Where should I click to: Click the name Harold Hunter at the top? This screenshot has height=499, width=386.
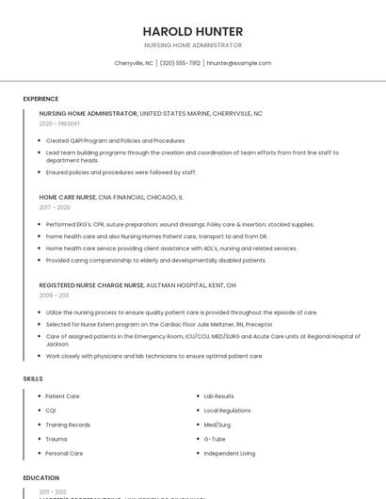193,31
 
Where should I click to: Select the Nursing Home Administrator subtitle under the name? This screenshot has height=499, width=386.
193,45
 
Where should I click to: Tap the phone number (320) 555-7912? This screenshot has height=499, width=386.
180,63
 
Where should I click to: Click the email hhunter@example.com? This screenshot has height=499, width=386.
239,63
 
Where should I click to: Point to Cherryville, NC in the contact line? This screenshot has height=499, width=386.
134,63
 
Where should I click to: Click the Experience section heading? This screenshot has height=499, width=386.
40,99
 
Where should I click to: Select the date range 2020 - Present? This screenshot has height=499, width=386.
59,123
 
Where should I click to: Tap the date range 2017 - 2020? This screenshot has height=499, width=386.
55,207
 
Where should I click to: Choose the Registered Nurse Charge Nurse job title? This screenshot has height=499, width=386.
91,284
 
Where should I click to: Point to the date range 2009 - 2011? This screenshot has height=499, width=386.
54,295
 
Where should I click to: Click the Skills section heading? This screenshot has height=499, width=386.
32,378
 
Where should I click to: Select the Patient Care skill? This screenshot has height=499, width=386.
62,396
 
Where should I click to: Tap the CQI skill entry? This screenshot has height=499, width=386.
51,410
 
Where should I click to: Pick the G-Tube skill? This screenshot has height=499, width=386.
214,439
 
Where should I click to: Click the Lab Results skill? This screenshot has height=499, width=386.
218,396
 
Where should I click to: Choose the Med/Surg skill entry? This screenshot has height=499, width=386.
217,425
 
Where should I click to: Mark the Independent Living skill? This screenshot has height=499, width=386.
229,453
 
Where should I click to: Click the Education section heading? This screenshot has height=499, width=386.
40,477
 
